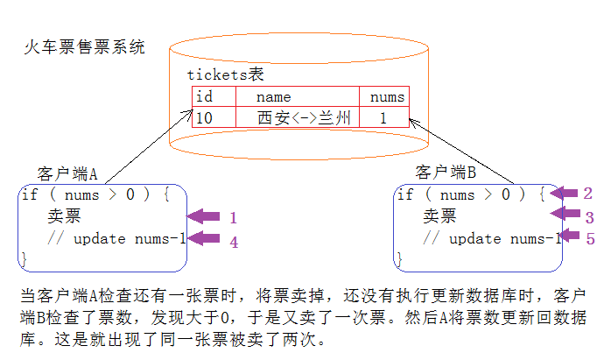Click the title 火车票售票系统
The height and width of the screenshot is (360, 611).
pyautogui.click(x=84, y=47)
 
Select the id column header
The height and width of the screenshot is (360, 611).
pyautogui.click(x=204, y=96)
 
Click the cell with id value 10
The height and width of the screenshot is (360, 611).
pyautogui.click(x=204, y=117)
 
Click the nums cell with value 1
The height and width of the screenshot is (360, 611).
pyautogui.click(x=383, y=117)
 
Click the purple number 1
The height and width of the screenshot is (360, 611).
pyautogui.click(x=233, y=217)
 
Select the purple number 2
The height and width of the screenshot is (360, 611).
pyautogui.click(x=588, y=194)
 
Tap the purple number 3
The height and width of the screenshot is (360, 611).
pyautogui.click(x=589, y=216)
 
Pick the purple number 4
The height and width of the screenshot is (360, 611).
pyautogui.click(x=234, y=241)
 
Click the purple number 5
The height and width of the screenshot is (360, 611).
pyautogui.click(x=589, y=237)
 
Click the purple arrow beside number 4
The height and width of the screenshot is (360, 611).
pyautogui.click(x=204, y=239)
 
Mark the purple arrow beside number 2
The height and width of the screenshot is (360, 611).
pyautogui.click(x=562, y=193)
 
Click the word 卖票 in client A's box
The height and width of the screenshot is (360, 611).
pyautogui.click(x=64, y=216)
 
